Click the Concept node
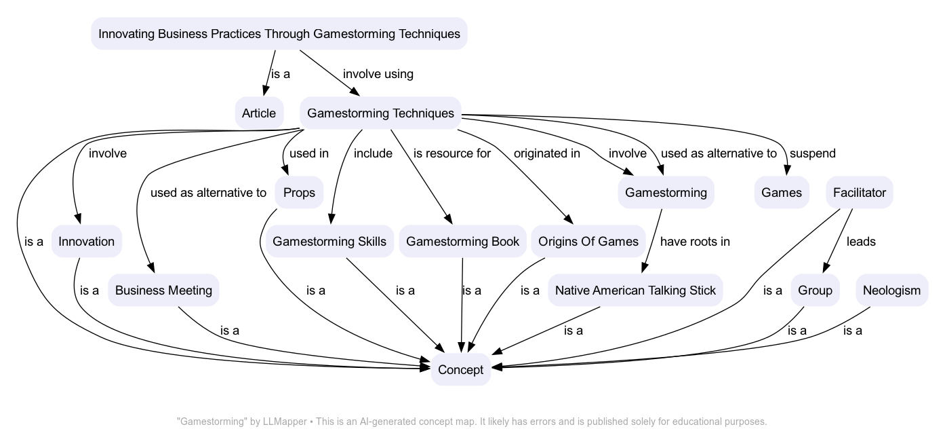tap(460, 370)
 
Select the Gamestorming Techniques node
tap(380, 113)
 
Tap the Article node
tap(259, 113)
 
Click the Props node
tap(299, 193)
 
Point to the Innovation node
tap(87, 242)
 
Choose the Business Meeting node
tap(163, 291)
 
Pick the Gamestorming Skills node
tap(329, 242)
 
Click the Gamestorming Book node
tap(462, 242)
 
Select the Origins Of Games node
tap(588, 242)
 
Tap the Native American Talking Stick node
tap(635, 291)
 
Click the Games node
tap(782, 193)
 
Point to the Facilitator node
tap(860, 193)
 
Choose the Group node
tap(815, 291)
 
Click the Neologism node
tap(891, 291)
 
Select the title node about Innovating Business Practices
tap(279, 34)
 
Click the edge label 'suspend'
tap(812, 153)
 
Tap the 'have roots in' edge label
tap(695, 242)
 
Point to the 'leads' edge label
tap(861, 242)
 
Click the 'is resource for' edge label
tap(452, 153)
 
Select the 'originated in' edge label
tap(546, 153)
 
